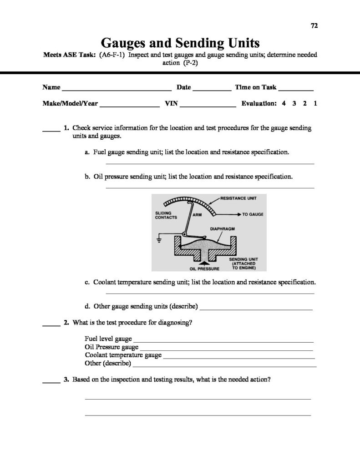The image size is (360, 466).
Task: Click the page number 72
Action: click(314, 25)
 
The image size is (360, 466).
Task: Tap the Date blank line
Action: click(212, 89)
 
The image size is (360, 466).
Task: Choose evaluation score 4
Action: click(284, 103)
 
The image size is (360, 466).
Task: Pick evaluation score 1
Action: click(315, 103)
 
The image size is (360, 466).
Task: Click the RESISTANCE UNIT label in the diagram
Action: click(240, 198)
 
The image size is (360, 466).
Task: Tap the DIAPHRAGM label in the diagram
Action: click(222, 229)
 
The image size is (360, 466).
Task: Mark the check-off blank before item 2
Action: click(51, 325)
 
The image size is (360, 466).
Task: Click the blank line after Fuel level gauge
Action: click(223, 341)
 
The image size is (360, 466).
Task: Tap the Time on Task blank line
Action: click(296, 89)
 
